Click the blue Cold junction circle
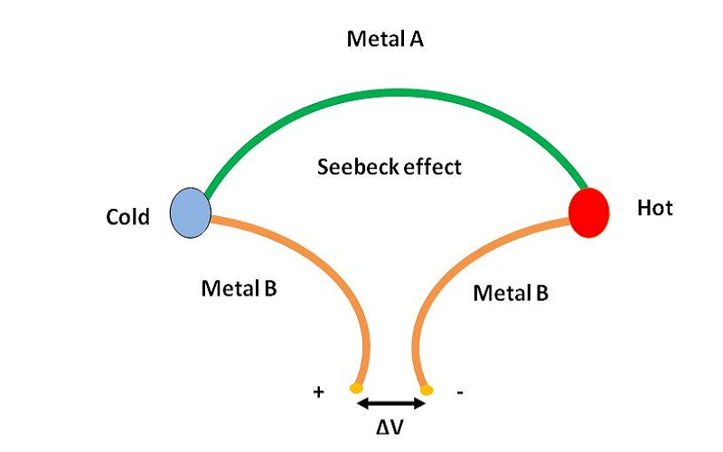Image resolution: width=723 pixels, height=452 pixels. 190,212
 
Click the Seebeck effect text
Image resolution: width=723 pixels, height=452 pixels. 390,166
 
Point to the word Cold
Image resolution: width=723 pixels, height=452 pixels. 129,218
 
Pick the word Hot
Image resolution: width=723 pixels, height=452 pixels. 655,209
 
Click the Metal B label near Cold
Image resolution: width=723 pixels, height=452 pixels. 239,289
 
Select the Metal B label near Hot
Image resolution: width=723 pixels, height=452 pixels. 512,294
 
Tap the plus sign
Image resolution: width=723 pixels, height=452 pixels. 318,392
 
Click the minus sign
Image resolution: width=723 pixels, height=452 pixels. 462,393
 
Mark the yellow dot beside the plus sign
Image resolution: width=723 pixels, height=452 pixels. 354,390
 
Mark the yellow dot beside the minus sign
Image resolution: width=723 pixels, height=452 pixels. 427,390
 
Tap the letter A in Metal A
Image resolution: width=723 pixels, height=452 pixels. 418,40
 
